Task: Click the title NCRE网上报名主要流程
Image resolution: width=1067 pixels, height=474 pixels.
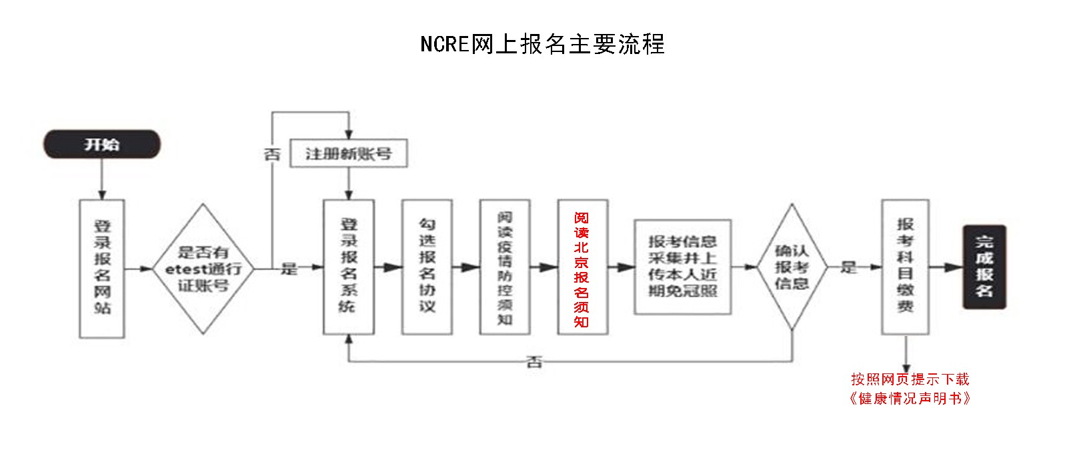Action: click(x=542, y=44)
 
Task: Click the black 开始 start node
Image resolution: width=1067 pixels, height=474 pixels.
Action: click(x=102, y=145)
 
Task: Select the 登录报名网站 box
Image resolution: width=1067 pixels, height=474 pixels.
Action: click(x=102, y=268)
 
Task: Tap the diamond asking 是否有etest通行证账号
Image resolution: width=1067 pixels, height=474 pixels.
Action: click(x=203, y=269)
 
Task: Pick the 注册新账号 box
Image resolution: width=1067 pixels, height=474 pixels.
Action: click(x=348, y=154)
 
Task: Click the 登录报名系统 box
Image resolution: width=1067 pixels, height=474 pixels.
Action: click(x=348, y=267)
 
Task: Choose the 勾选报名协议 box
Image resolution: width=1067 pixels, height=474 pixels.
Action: click(x=427, y=267)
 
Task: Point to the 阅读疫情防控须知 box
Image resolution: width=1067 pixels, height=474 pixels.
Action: click(x=505, y=267)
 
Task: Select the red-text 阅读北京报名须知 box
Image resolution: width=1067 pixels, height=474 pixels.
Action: click(x=582, y=267)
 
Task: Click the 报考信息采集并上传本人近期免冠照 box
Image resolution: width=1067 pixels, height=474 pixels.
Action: click(x=682, y=267)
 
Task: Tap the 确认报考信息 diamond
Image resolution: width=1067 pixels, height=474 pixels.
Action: click(x=792, y=267)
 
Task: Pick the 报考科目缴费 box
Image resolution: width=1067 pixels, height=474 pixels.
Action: click(x=905, y=267)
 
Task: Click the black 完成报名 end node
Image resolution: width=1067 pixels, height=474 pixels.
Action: click(x=984, y=267)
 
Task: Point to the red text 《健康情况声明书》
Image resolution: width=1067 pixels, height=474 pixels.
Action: click(x=910, y=399)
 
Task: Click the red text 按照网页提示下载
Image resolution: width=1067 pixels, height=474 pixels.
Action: click(x=910, y=379)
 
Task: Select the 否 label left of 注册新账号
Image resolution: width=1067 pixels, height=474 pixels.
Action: click(x=272, y=155)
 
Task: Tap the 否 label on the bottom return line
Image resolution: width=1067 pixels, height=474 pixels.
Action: click(x=534, y=362)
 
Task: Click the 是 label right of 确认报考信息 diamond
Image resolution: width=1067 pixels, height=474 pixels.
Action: click(x=848, y=267)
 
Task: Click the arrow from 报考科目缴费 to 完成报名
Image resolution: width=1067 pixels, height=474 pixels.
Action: click(x=946, y=267)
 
